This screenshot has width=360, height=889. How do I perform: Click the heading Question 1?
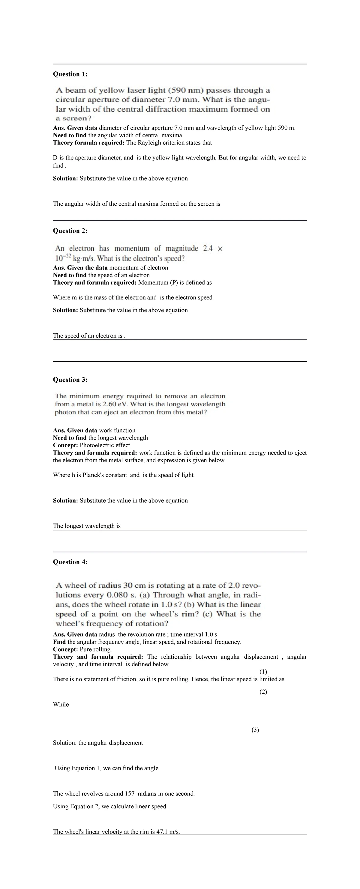click(70, 74)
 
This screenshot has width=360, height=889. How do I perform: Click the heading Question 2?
click(70, 231)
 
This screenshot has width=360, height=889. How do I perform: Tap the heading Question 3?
click(70, 380)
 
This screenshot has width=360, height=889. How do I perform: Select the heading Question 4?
click(70, 562)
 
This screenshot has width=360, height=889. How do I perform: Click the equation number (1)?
click(263, 672)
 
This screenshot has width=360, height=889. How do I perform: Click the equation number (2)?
click(263, 692)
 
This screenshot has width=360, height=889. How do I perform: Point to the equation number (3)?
click(255, 730)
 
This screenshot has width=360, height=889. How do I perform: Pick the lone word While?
click(61, 704)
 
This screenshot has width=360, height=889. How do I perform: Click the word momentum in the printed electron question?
click(131, 249)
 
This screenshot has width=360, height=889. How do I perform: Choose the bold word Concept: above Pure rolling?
click(66, 649)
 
